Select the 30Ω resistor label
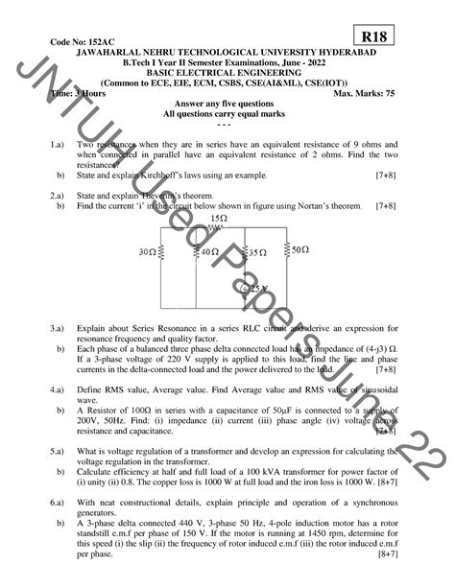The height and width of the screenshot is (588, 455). point(148,252)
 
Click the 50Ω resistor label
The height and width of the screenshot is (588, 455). point(300,248)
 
